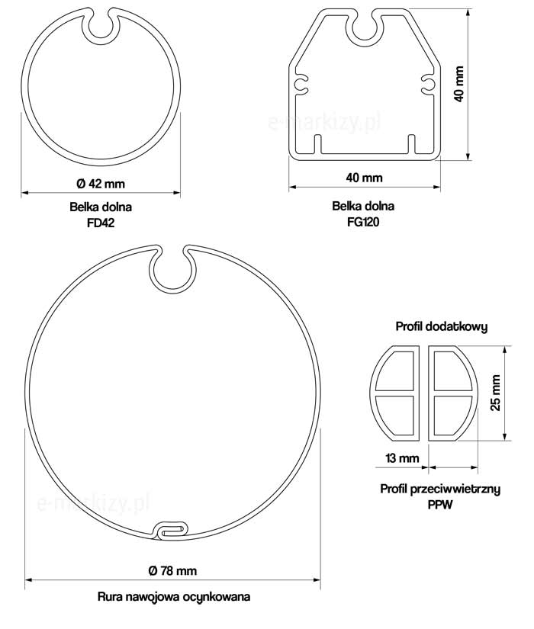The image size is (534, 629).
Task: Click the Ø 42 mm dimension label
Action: point(101,184)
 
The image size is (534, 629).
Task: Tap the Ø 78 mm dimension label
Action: point(172,570)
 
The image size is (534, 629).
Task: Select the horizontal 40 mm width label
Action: point(364,178)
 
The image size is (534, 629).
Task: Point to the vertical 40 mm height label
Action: point(459,84)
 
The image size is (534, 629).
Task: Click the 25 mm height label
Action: point(496,393)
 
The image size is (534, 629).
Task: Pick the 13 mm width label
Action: point(402,457)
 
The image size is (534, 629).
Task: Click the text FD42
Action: point(101,223)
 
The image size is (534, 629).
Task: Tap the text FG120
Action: point(363,221)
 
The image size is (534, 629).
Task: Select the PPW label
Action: point(440,504)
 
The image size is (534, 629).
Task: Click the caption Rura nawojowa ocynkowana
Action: point(174,596)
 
